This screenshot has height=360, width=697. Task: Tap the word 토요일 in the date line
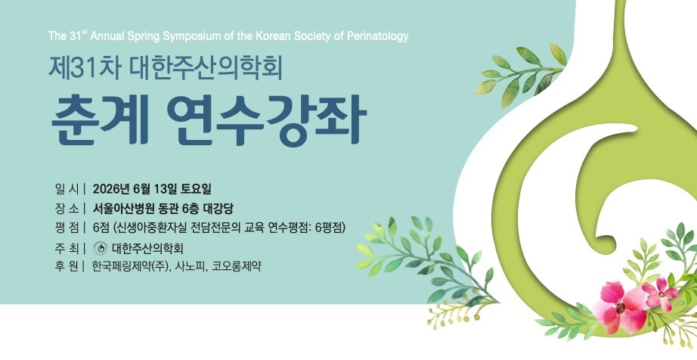tap(196, 189)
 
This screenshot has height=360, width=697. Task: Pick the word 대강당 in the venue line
tap(218, 209)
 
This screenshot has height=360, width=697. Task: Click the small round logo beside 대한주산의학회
tap(101, 248)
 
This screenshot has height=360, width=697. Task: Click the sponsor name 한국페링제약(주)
tap(130, 266)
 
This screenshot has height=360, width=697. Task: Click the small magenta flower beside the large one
tap(661, 293)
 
